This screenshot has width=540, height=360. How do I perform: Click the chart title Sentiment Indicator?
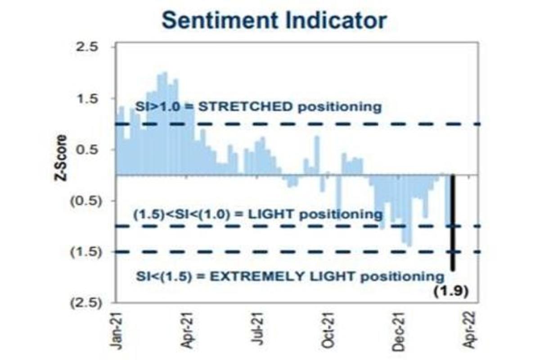274,20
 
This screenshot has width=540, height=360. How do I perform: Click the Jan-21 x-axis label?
116,331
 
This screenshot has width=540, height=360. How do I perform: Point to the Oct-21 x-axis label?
328,331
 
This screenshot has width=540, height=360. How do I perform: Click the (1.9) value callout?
451,292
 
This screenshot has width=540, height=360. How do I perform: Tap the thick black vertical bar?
452,222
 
